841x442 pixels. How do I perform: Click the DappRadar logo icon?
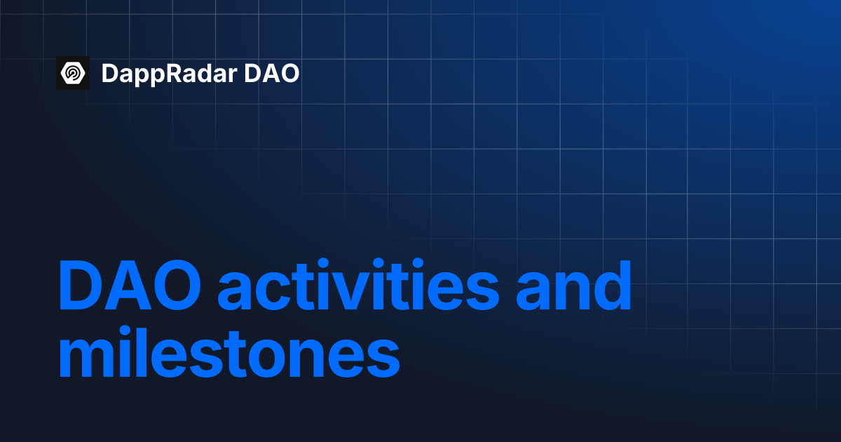pos(73,73)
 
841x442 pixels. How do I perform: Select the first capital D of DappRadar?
pos(109,73)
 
